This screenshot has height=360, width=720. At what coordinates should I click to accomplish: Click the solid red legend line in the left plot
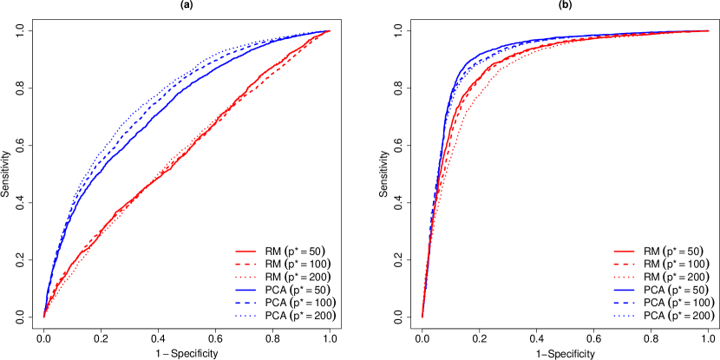pos(245,251)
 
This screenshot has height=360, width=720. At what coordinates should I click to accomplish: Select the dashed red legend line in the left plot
pos(245,264)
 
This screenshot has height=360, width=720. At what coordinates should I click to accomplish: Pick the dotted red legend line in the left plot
pos(245,277)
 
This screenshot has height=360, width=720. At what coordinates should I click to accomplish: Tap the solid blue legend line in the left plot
pos(245,290)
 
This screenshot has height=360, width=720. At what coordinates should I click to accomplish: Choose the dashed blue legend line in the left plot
pos(245,303)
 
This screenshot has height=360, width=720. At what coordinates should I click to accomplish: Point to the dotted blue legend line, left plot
pos(245,316)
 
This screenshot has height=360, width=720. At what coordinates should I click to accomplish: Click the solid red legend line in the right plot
pos(624,251)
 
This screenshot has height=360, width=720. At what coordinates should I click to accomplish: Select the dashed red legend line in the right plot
pos(624,264)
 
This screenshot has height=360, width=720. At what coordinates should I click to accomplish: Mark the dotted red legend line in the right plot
pos(624,277)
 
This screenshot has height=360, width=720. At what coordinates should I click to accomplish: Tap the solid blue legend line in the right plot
pos(624,290)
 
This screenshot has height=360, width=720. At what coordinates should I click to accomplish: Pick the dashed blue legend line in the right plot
pos(624,303)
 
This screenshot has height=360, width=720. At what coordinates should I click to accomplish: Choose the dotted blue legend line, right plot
pos(624,316)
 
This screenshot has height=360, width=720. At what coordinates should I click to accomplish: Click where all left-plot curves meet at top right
pos(330,30)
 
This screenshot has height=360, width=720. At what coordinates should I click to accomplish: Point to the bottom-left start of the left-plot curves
pos(44,317)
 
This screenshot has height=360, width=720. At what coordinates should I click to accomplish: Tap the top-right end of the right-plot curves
pos(709,30)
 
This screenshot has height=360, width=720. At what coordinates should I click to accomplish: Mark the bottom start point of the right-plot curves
pos(422,317)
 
